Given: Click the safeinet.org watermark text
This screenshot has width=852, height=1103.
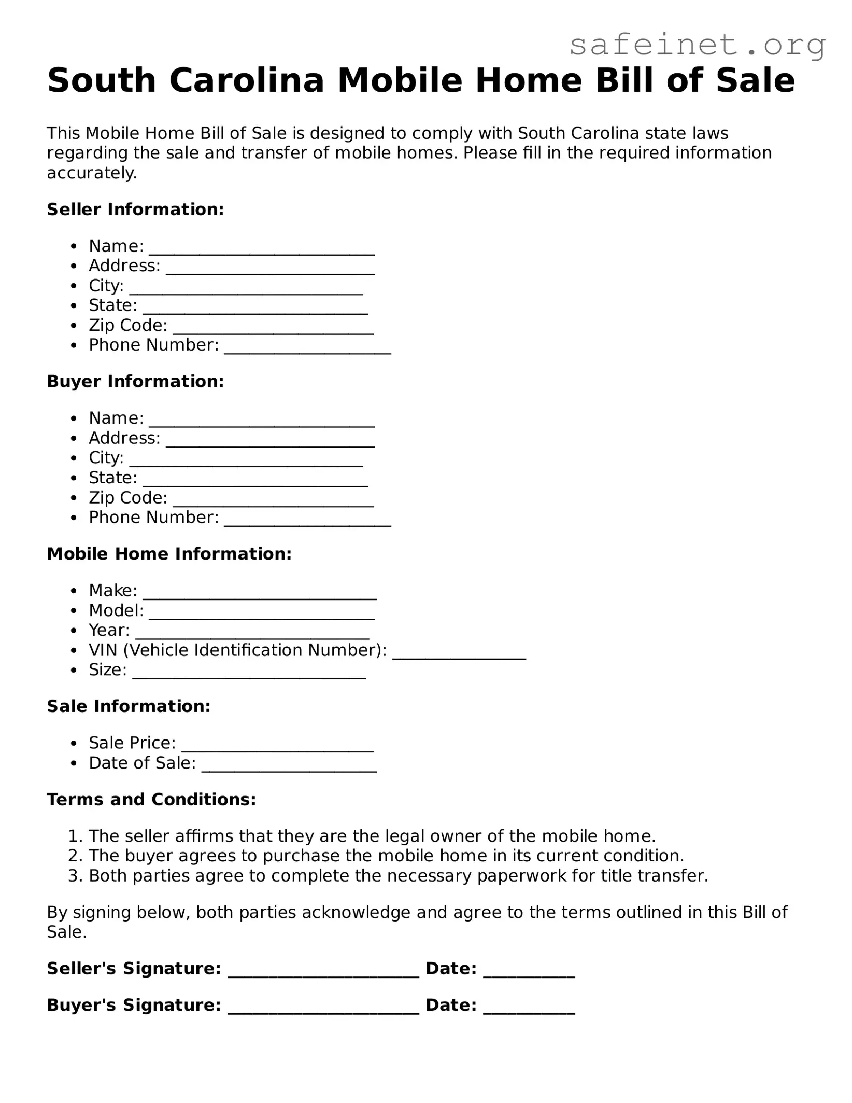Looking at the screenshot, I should [x=697, y=45].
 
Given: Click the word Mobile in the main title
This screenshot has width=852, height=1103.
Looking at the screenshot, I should [x=400, y=81].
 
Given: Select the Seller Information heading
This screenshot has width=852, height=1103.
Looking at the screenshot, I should [x=135, y=210].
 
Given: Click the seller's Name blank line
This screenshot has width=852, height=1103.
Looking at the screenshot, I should [x=262, y=251].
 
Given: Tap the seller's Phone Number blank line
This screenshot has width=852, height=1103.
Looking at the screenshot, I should [x=307, y=350].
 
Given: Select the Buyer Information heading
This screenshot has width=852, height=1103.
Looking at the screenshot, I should [x=135, y=382].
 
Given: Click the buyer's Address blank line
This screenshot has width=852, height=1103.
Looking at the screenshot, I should [x=270, y=443].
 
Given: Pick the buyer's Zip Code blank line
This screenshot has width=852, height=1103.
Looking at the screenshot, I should [x=273, y=502].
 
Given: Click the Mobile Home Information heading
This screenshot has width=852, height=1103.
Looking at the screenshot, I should [x=169, y=554].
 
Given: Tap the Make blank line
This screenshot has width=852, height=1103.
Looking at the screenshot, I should [x=260, y=595].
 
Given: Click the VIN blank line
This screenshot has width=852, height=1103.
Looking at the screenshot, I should [x=459, y=655].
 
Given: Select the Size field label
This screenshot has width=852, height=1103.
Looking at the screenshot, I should [x=107, y=670].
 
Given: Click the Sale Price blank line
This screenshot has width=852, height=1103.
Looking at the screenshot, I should [x=277, y=748].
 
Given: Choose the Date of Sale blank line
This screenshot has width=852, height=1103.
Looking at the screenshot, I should [x=289, y=768].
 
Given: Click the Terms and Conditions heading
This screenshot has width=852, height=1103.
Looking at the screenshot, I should [x=151, y=800].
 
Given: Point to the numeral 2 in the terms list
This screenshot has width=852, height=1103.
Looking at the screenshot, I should [x=73, y=856].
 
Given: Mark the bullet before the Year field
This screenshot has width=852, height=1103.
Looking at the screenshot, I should [x=75, y=631].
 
